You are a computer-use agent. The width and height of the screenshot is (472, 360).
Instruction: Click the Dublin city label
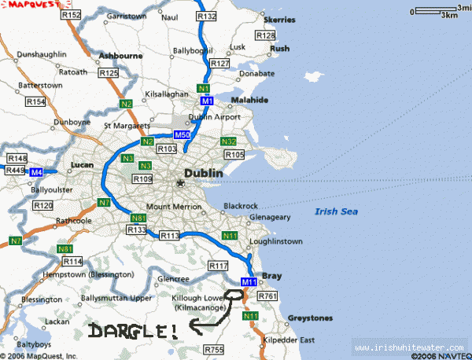[203, 173]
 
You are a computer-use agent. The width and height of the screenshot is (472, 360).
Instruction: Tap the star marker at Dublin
[180, 183]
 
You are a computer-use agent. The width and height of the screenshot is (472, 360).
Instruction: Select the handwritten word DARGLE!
[133, 332]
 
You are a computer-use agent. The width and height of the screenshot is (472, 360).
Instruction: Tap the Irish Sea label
[336, 211]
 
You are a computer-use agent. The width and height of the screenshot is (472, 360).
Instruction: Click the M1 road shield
[206, 101]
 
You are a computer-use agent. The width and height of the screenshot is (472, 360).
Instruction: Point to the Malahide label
[250, 101]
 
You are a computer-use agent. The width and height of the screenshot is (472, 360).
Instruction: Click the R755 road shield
[213, 349]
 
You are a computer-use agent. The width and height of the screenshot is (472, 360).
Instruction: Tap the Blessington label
[42, 299]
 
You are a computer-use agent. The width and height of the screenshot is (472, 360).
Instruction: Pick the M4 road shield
[35, 171]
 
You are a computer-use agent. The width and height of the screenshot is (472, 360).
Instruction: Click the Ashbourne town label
[120, 57]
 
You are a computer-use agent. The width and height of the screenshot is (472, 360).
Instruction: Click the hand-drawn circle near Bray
[234, 297]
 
